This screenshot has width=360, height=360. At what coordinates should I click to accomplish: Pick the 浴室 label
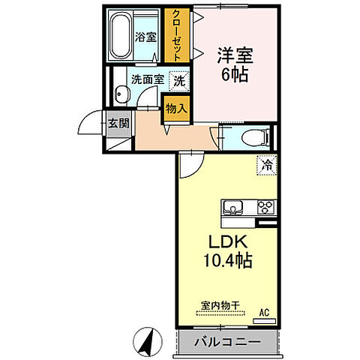pyautogui.click(x=145, y=37)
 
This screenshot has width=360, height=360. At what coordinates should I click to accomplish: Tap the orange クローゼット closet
pyautogui.click(x=177, y=36)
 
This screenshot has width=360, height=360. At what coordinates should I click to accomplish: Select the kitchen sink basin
pyautogui.click(x=232, y=208)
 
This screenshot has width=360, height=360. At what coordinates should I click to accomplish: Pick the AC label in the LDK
pyautogui.click(x=264, y=311)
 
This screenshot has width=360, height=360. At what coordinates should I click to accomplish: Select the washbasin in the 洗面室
pyautogui.click(x=122, y=94)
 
